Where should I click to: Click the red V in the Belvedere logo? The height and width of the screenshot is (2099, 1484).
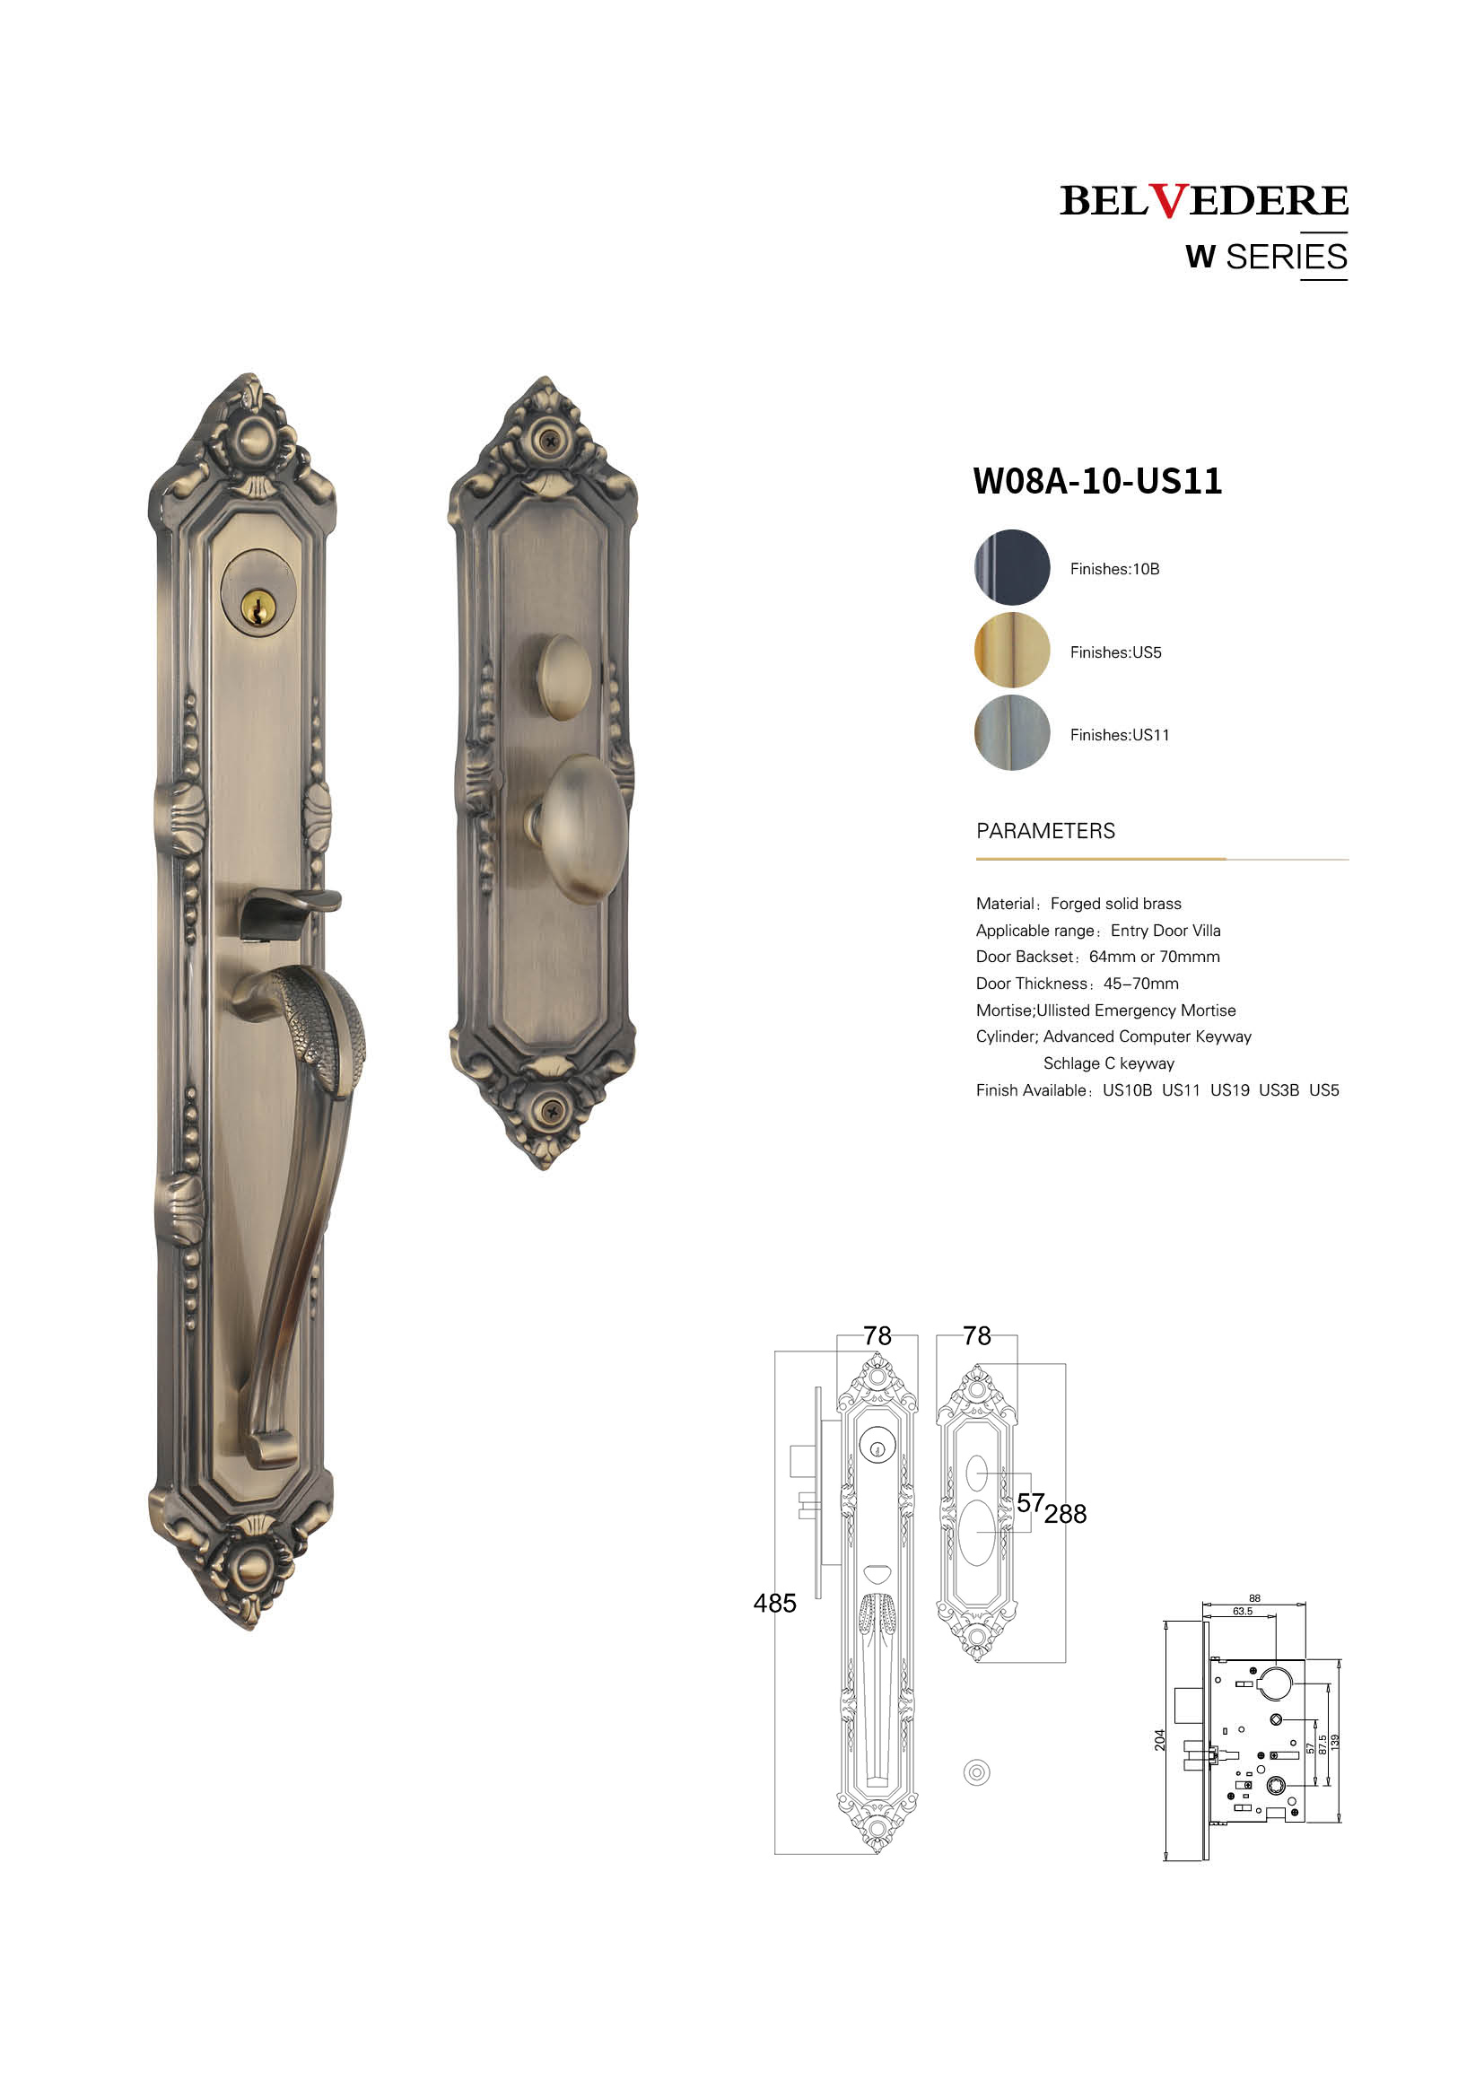coord(1168,200)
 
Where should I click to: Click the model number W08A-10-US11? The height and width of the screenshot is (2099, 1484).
coord(1097,481)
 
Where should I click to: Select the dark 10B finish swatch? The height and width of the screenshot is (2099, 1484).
coord(1011,567)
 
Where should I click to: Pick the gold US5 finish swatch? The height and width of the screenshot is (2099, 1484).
coord(1011,650)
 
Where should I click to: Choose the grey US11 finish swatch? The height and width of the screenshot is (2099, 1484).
coord(1011,733)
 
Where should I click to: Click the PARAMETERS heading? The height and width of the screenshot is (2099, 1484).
coord(1045,831)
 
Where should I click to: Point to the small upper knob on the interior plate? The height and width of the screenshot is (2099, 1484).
coord(563,678)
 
